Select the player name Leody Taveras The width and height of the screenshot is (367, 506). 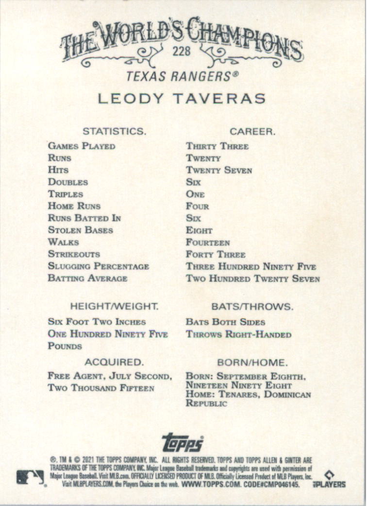pyautogui.click(x=182, y=98)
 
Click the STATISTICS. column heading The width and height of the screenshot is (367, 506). pyautogui.click(x=114, y=131)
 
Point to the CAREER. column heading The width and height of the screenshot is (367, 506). pyautogui.click(x=252, y=131)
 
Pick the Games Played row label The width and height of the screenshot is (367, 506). pyautogui.click(x=82, y=146)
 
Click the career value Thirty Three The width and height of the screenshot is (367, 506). pyautogui.click(x=217, y=146)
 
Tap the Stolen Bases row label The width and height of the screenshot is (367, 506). pyautogui.click(x=81, y=230)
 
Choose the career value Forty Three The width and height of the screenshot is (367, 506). pyautogui.click(x=216, y=254)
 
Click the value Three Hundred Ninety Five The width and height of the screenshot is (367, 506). pyautogui.click(x=250, y=266)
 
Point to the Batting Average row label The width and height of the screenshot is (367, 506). pyautogui.click(x=87, y=279)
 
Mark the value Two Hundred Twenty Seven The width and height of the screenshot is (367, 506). pyautogui.click(x=252, y=279)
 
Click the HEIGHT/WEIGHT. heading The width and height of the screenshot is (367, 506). pyautogui.click(x=114, y=307)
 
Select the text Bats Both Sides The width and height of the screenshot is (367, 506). pyautogui.click(x=225, y=322)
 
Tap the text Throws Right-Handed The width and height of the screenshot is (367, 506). pyautogui.click(x=238, y=334)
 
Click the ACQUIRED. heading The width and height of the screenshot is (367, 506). pyautogui.click(x=114, y=362)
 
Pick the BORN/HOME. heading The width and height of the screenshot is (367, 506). pyautogui.click(x=252, y=362)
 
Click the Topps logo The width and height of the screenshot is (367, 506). pyautogui.click(x=183, y=442)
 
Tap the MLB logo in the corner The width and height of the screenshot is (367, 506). pyautogui.click(x=30, y=477)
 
